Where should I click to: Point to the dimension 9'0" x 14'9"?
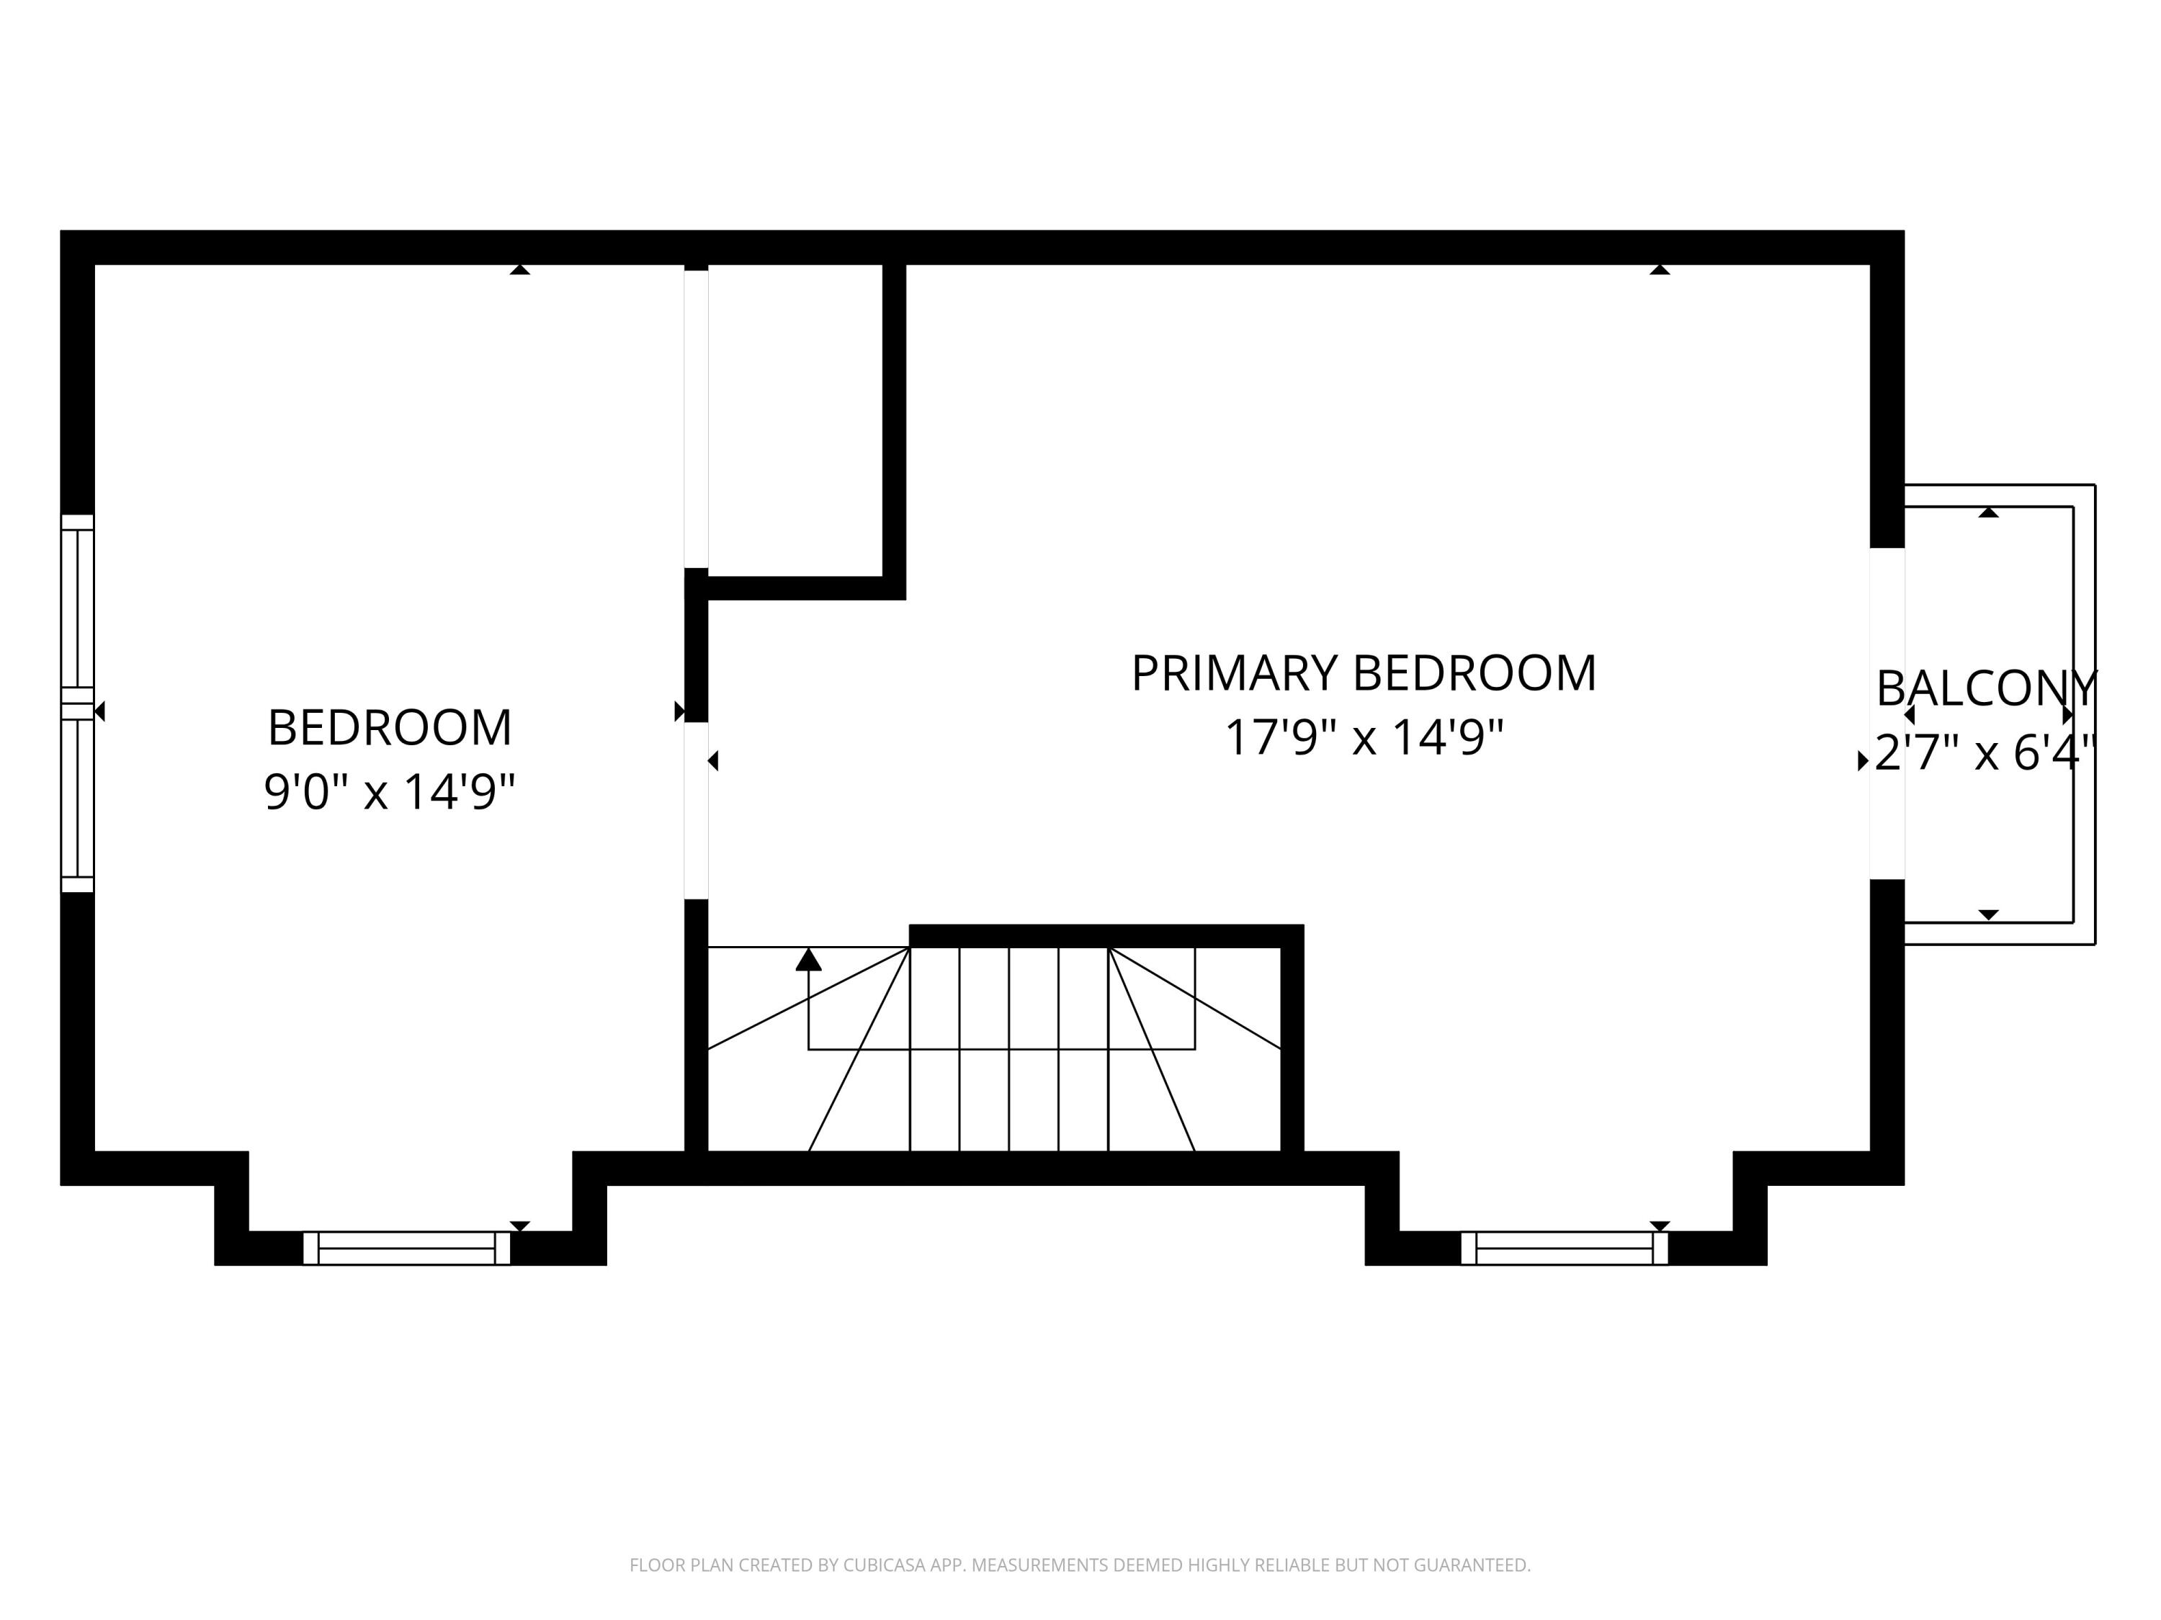click(389, 791)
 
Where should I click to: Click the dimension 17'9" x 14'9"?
click(1363, 737)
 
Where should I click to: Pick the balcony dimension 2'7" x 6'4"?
click(1986, 753)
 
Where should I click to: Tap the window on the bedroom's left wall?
click(78, 703)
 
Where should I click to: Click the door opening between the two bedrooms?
click(696, 811)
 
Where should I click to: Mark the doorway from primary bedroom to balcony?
click(1887, 713)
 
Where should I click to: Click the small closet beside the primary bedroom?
click(795, 420)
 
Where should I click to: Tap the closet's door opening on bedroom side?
click(696, 420)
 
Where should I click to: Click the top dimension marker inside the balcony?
click(1988, 512)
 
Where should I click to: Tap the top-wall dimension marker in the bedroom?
click(520, 269)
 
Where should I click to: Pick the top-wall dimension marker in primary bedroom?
click(1660, 269)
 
